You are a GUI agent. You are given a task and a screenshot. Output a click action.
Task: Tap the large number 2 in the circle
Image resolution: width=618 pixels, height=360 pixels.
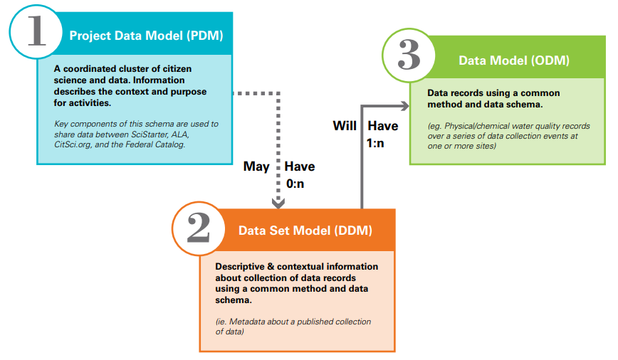pos(198,229)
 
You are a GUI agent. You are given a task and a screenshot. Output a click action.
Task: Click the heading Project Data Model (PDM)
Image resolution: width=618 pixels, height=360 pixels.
pos(146,35)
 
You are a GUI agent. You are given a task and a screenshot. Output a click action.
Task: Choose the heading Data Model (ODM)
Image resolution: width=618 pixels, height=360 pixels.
pos(513,60)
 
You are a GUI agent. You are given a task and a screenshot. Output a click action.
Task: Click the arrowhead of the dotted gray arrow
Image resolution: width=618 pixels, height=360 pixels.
pos(279,202)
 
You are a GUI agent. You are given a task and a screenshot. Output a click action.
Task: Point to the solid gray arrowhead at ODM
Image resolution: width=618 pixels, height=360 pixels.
pos(405,105)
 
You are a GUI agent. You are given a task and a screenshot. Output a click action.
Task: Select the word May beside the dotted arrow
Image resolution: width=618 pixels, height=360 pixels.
pos(256,166)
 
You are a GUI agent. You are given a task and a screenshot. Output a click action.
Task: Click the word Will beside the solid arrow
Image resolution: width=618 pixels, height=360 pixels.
pos(345,126)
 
